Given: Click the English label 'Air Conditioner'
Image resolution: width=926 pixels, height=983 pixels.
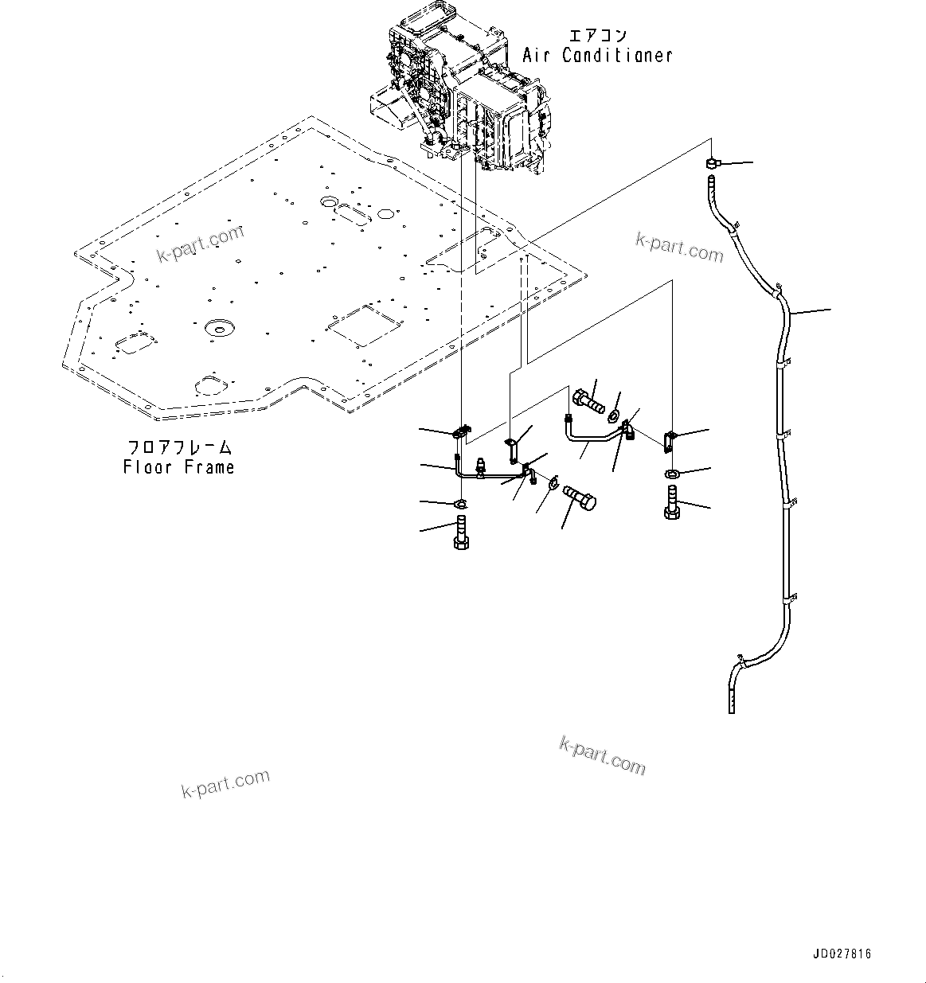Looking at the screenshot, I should click(x=597, y=56).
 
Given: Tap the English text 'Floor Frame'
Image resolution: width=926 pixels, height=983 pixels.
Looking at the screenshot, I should click(x=178, y=467).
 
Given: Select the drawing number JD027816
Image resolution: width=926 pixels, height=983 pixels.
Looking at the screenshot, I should click(x=842, y=954).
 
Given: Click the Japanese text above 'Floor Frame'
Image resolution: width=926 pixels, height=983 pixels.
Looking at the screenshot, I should click(x=178, y=447).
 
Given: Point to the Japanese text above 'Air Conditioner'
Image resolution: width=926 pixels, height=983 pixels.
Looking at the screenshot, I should click(x=597, y=36).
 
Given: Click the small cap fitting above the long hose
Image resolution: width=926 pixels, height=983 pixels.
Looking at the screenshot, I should click(x=712, y=163).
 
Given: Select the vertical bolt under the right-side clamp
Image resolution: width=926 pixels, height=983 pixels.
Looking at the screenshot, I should click(x=670, y=505).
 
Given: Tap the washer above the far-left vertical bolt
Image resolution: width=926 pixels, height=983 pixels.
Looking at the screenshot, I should click(x=460, y=504).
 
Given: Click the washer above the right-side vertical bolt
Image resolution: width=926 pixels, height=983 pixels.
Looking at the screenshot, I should click(x=671, y=475).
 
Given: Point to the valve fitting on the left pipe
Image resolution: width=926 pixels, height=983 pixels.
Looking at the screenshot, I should click(x=480, y=466).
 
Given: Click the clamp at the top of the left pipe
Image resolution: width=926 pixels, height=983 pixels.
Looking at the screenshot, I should click(x=461, y=433).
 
